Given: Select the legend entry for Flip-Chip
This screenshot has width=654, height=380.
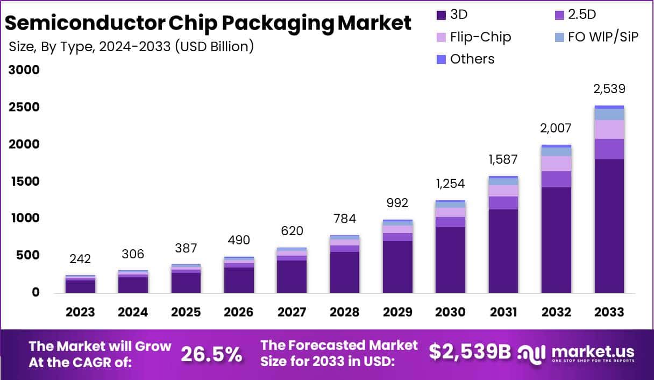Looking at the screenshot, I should click(x=480, y=37).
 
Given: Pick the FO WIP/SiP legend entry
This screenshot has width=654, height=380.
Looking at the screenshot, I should click(x=603, y=37).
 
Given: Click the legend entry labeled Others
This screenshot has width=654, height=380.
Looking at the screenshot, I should click(x=472, y=59).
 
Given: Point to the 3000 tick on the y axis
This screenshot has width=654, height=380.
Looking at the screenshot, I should click(x=24, y=71).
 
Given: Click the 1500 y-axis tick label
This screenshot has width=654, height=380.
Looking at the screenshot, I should click(x=24, y=181).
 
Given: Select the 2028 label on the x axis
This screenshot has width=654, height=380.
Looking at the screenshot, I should click(x=344, y=312).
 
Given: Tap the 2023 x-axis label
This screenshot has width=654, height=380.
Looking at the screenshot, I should click(x=80, y=312).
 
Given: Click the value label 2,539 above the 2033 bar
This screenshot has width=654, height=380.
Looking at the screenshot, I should click(x=609, y=89).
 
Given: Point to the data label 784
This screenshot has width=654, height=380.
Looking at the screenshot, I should click(x=344, y=219).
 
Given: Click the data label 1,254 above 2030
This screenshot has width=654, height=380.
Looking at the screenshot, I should click(x=450, y=184).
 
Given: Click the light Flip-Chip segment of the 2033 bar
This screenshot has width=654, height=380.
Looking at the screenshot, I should click(x=609, y=129).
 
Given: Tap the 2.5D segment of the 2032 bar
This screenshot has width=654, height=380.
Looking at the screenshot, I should click(x=556, y=179).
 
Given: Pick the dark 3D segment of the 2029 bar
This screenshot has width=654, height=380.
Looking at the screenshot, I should click(x=397, y=266).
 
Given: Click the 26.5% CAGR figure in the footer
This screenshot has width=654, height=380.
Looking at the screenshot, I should click(x=211, y=354).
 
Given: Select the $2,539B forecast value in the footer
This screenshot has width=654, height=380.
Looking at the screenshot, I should click(x=470, y=351).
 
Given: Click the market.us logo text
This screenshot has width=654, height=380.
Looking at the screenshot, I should click(x=592, y=352).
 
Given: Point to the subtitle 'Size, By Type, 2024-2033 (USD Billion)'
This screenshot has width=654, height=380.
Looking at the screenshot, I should click(x=131, y=46).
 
